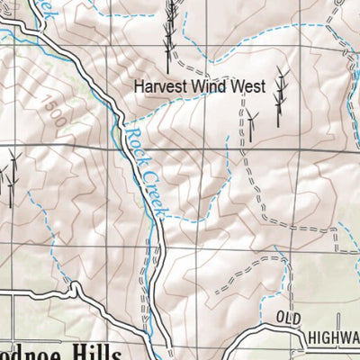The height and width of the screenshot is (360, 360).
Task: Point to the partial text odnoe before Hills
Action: tap(31, 352)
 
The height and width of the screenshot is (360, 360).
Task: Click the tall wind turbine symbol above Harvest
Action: tap(168, 31)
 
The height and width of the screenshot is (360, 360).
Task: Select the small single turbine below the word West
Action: tap(254, 118)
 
